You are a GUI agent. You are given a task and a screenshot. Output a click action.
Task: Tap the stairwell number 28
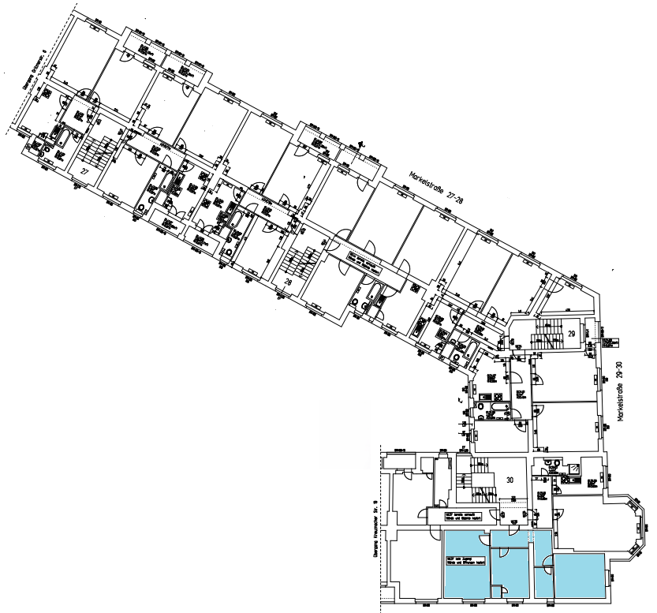(x=289, y=282)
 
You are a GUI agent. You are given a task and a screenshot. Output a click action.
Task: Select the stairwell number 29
(x=572, y=335)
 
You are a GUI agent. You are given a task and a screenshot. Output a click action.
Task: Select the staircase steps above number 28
(x=302, y=260)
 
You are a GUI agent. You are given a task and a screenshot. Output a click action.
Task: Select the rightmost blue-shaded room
(x=580, y=575)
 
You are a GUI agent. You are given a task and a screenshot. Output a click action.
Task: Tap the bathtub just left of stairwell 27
(x=62, y=140)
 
